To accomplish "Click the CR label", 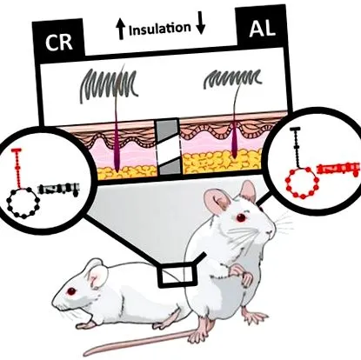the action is [58, 43].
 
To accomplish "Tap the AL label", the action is [262, 29].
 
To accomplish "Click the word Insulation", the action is [159, 29].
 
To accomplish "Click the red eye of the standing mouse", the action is [241, 217].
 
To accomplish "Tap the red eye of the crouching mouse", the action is [71, 291].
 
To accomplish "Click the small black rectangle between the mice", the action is [176, 275].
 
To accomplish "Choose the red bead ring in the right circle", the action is [303, 183].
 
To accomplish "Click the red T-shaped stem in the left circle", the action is [18, 169].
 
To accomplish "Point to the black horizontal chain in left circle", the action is [59, 189].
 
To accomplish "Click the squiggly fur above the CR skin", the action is [108, 84].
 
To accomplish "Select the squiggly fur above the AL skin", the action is [233, 77].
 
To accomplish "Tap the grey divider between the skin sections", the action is [168, 147].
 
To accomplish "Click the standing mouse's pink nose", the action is [270, 232].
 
